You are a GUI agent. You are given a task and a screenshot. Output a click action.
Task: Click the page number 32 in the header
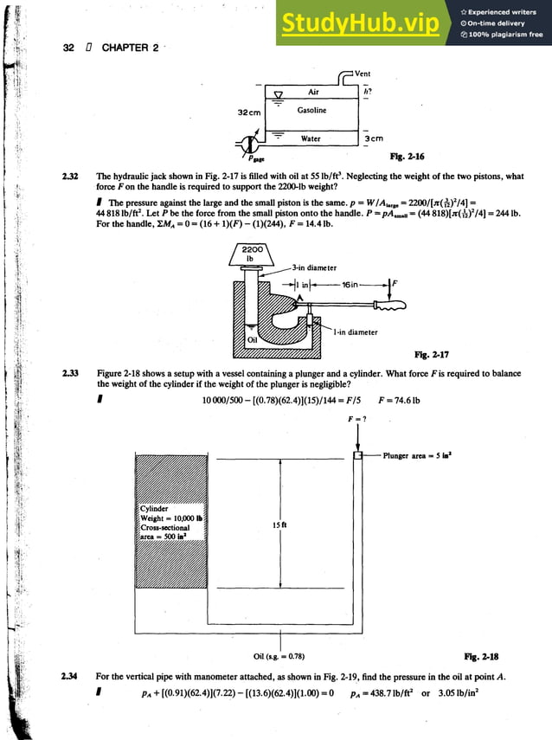tap(69, 48)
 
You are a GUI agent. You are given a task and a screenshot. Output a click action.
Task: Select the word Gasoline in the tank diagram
tap(311, 111)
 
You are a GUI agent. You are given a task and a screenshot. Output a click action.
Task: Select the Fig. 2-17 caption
tap(433, 354)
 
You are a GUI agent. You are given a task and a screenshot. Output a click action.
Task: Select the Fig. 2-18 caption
tap(481, 656)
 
